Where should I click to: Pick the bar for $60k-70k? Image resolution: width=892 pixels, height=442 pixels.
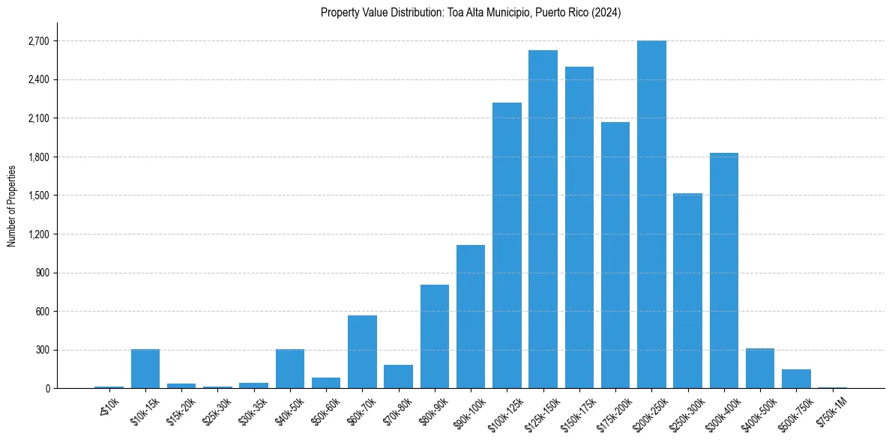pos(362,351)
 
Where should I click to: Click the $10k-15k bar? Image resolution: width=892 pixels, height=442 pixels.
pos(145,369)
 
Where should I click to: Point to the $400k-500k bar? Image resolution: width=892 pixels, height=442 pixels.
pos(760,369)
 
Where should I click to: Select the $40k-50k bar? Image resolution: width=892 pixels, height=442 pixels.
pos(290,369)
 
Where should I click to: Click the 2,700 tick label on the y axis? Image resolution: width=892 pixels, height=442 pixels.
pos(37,41)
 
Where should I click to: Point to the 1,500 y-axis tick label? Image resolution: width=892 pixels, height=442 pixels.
pos(37,196)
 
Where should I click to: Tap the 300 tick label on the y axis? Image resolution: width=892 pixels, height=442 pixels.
pos(41,350)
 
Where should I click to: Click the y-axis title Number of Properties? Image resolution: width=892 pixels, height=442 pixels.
pos(11,205)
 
